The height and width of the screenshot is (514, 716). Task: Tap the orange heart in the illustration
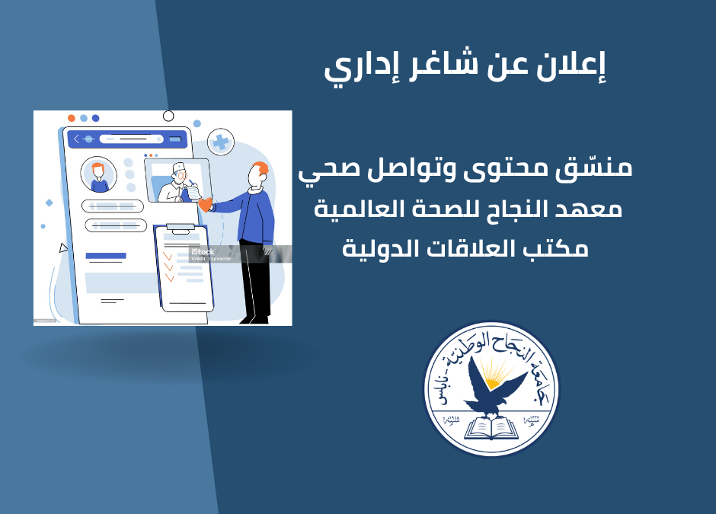pos(204,204)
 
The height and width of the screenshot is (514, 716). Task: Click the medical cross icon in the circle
pos(222,142)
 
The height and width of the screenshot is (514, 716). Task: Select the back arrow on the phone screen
pos(77,139)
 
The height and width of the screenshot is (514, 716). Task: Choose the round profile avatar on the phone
pos(98,174)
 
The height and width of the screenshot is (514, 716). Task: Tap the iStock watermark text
pos(203,251)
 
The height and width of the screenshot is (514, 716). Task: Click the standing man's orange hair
pos(261,168)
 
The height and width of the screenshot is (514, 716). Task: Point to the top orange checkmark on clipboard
pos(168,257)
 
